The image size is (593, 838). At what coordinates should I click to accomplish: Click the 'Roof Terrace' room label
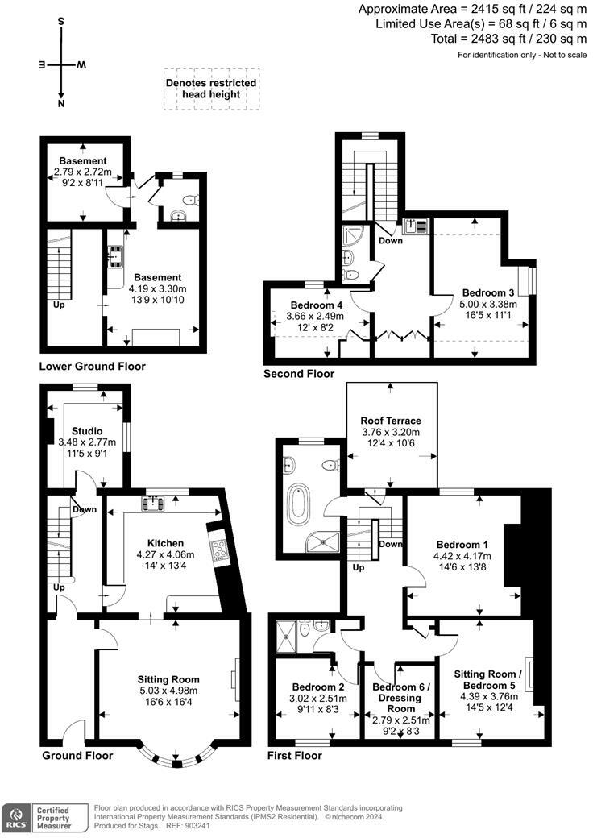point(391,421)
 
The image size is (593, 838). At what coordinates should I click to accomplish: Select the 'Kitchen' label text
point(164,543)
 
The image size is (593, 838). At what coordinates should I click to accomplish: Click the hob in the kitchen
point(218,550)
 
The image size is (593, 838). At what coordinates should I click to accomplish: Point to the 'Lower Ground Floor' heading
point(92,367)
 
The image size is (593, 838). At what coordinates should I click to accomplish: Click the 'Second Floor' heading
point(298,374)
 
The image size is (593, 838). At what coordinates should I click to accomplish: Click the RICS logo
point(15,815)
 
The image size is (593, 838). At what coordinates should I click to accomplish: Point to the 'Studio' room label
point(86,430)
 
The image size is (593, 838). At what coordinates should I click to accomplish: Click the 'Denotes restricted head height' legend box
point(211,89)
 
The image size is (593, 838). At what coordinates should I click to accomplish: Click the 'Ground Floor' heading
point(77,756)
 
